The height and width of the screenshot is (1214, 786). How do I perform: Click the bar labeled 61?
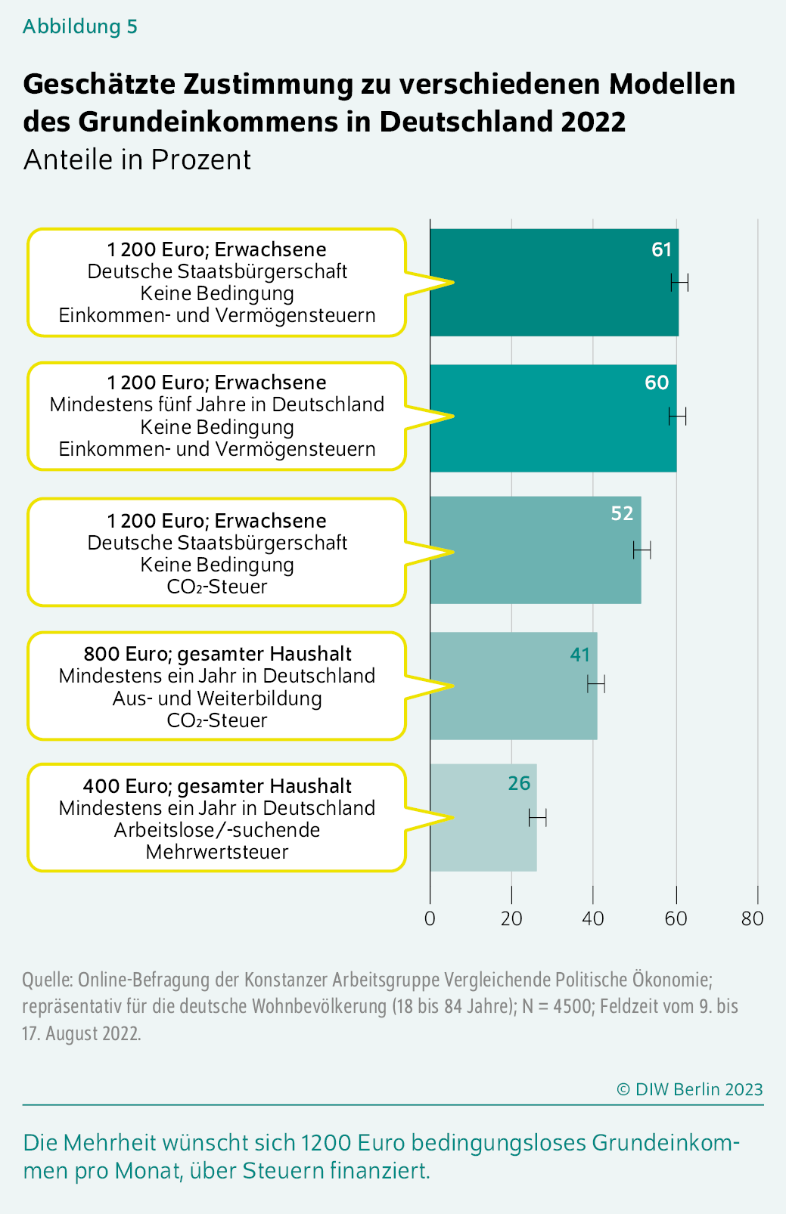tap(554, 283)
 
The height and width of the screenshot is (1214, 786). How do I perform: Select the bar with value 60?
tap(553, 418)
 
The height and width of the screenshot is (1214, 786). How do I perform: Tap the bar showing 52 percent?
tap(536, 550)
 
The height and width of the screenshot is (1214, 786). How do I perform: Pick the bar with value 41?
tap(514, 686)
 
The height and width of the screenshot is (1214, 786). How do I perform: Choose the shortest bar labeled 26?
tap(483, 817)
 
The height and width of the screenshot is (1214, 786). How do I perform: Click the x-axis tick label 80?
tap(753, 918)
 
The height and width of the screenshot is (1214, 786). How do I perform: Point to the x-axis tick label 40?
tap(593, 918)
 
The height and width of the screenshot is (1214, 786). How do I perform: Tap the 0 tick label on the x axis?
tap(430, 918)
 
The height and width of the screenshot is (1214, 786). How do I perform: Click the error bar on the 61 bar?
tap(679, 283)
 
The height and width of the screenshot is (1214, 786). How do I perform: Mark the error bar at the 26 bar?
tap(538, 817)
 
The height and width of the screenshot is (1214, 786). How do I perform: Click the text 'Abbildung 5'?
tap(79, 26)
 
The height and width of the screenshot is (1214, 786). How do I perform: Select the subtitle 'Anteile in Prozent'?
tap(137, 160)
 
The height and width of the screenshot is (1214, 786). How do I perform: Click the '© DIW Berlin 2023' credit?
tap(689, 1089)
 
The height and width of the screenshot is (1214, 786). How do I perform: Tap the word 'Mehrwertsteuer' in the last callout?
tap(217, 852)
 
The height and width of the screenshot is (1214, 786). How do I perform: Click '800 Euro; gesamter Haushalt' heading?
tap(217, 654)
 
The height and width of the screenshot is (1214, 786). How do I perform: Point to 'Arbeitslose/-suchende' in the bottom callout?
tap(217, 830)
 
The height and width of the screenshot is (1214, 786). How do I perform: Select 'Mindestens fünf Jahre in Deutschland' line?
tap(217, 404)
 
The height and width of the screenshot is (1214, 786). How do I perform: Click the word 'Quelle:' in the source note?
tap(48, 980)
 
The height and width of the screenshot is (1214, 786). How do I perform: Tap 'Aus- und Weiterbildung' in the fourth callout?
tap(217, 698)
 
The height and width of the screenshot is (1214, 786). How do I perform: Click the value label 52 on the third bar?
tap(622, 513)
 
